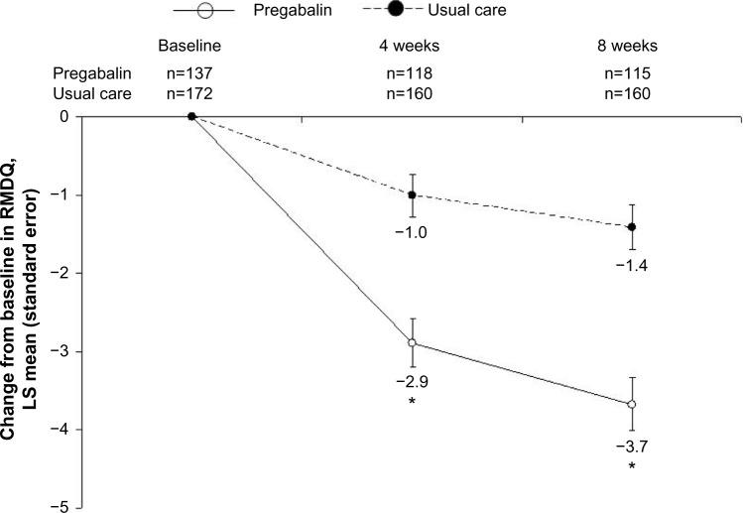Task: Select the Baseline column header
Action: tap(191, 46)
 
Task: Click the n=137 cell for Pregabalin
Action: tap(191, 73)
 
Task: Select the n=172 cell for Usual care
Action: tap(191, 94)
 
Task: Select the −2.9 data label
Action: tap(412, 381)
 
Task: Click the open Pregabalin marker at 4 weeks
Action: tap(412, 343)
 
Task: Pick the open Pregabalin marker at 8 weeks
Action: tap(631, 405)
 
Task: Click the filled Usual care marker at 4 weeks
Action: tap(412, 194)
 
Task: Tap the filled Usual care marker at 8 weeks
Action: tap(631, 227)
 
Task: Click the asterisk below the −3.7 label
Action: tap(631, 464)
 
